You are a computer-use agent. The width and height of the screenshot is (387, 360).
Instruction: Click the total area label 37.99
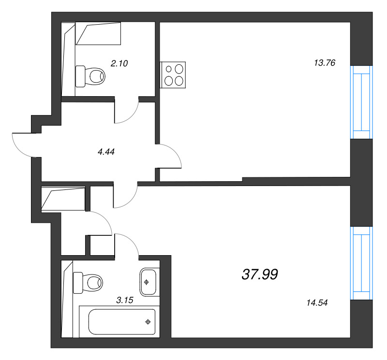click(260, 274)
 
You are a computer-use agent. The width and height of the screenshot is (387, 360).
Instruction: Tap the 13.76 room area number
click(325, 63)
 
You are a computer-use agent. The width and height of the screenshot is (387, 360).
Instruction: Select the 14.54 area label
click(317, 302)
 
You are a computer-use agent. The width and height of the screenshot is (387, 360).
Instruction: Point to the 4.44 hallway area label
click(106, 152)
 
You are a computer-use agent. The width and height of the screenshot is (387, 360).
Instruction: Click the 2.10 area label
click(119, 63)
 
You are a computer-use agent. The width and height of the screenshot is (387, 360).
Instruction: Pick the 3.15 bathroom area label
click(125, 300)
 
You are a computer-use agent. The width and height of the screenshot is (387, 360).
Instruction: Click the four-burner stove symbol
click(173, 75)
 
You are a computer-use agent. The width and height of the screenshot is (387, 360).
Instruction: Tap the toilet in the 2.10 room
click(90, 76)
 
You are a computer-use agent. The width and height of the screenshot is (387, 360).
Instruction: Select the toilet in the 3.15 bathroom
click(88, 283)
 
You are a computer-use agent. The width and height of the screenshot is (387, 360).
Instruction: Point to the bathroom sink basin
click(148, 282)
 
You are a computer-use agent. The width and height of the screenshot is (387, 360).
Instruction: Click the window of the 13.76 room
click(361, 102)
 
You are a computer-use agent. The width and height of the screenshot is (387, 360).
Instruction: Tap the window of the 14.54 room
click(361, 263)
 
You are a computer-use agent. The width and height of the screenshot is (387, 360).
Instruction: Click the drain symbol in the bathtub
click(148, 322)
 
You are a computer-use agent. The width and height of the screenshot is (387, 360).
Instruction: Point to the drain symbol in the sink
click(147, 282)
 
